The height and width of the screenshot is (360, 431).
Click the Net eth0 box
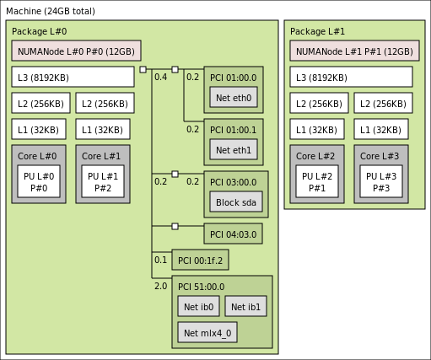pyautogui.click(x=234, y=97)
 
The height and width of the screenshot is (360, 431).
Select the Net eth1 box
pyautogui.click(x=234, y=149)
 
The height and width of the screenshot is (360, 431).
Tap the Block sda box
pyautogui.click(x=236, y=201)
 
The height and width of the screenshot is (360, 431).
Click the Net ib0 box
pyautogui.click(x=198, y=306)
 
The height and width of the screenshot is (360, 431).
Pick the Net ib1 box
pyautogui.click(x=245, y=306)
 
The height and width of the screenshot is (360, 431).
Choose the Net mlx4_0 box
pyautogui.click(x=207, y=332)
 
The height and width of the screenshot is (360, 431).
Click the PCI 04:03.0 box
pyautogui.click(x=233, y=234)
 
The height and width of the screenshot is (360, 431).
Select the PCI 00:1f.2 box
pyautogui.click(x=200, y=260)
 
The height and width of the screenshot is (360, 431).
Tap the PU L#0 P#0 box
pyautogui.click(x=39, y=181)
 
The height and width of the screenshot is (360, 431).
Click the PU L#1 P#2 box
pyautogui.click(x=103, y=181)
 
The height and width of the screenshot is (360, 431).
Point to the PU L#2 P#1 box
pyautogui.click(x=317, y=181)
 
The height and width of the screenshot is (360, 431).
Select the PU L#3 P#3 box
pyautogui.click(x=381, y=181)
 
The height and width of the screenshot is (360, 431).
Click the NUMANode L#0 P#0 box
pyautogui.click(x=76, y=51)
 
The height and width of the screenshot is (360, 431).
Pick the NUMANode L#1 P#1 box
pyautogui.click(x=354, y=51)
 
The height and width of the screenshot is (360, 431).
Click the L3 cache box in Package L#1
pyautogui.click(x=351, y=77)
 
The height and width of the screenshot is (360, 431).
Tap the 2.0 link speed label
pyautogui.click(x=161, y=286)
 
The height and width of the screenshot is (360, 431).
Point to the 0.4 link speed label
pyautogui.click(x=161, y=77)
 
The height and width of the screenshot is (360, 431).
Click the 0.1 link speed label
pyautogui.click(x=161, y=260)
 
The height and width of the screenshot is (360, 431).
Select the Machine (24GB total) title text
pyautogui.click(x=51, y=11)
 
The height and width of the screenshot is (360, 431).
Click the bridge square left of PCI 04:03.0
pyautogui.click(x=175, y=226)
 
